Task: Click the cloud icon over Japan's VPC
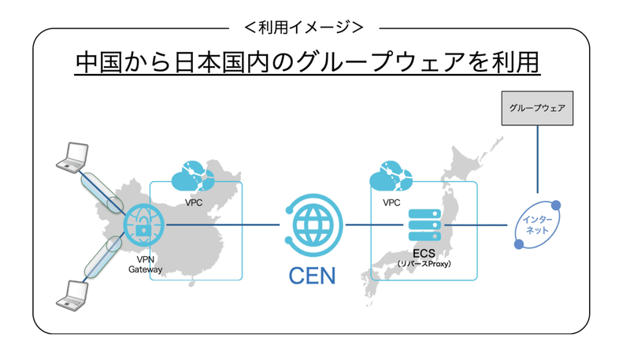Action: (391, 176)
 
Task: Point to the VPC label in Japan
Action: (391, 202)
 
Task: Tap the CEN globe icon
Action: (313, 225)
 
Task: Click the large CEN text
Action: (313, 275)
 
